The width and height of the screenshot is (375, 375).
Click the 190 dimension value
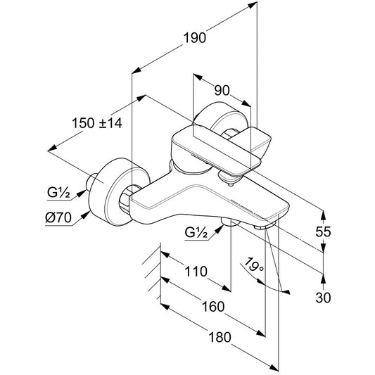pos(194,38)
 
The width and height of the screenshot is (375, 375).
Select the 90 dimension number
pos(222,90)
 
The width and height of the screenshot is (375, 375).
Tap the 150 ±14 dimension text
pos(97,123)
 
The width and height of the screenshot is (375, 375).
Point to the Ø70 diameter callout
pos(58,217)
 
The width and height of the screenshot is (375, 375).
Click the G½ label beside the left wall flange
pos(58,192)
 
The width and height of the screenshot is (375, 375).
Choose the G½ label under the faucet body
pos(196,232)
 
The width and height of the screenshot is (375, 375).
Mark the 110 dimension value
pos(196,272)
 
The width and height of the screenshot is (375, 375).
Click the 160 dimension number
pos(213,307)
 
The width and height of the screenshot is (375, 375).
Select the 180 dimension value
pos(220,337)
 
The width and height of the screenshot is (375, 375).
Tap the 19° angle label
pos(254,265)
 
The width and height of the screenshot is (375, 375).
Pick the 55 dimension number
pos(323,231)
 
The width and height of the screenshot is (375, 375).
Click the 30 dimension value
pos(323,298)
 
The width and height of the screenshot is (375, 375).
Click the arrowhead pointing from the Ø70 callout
pos(85,215)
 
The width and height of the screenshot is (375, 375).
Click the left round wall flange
pos(120,191)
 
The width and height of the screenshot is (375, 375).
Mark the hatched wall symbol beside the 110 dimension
pos(152,271)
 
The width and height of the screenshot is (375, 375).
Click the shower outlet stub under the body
pos(230,222)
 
